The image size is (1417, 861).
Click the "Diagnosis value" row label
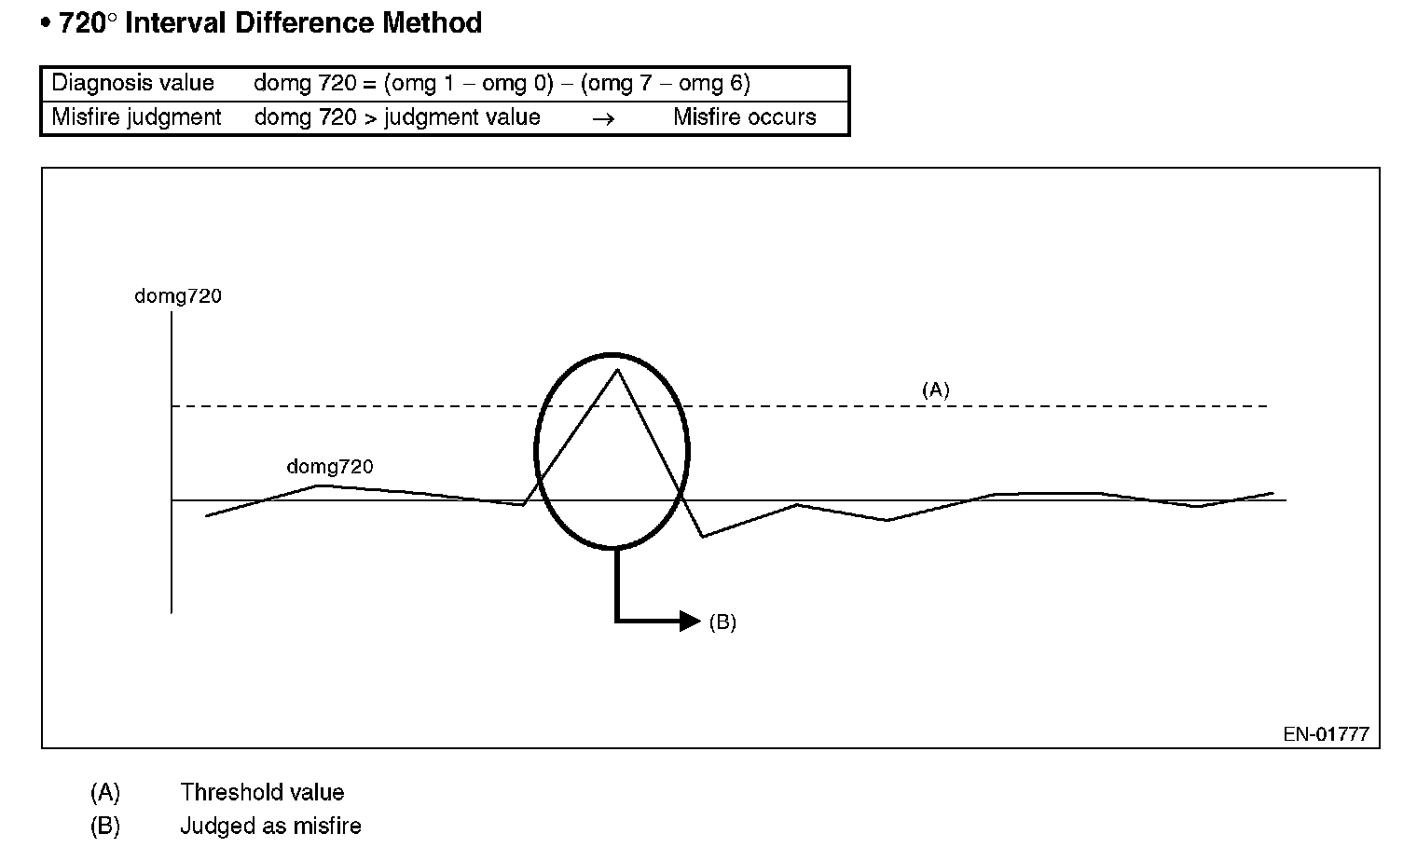click(132, 83)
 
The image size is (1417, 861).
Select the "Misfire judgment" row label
click(136, 117)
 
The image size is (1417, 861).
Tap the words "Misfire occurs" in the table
click(744, 117)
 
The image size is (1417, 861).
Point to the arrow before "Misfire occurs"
click(603, 118)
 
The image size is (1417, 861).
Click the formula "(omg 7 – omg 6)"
click(665, 83)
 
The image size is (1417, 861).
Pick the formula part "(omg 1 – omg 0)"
click(468, 83)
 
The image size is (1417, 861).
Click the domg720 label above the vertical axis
click(178, 296)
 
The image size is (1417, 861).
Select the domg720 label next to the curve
click(330, 466)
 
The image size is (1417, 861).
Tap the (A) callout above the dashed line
click(935, 389)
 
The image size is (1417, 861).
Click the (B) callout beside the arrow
click(722, 622)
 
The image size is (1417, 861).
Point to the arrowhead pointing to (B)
click(691, 621)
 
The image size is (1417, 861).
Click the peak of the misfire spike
click(616, 371)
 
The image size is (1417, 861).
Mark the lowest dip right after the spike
click(703, 536)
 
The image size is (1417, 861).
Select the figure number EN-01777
click(1326, 734)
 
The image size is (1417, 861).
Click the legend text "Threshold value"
click(262, 793)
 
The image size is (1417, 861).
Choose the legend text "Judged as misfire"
click(270, 827)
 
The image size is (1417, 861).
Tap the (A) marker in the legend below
click(105, 793)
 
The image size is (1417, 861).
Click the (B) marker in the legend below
click(105, 827)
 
